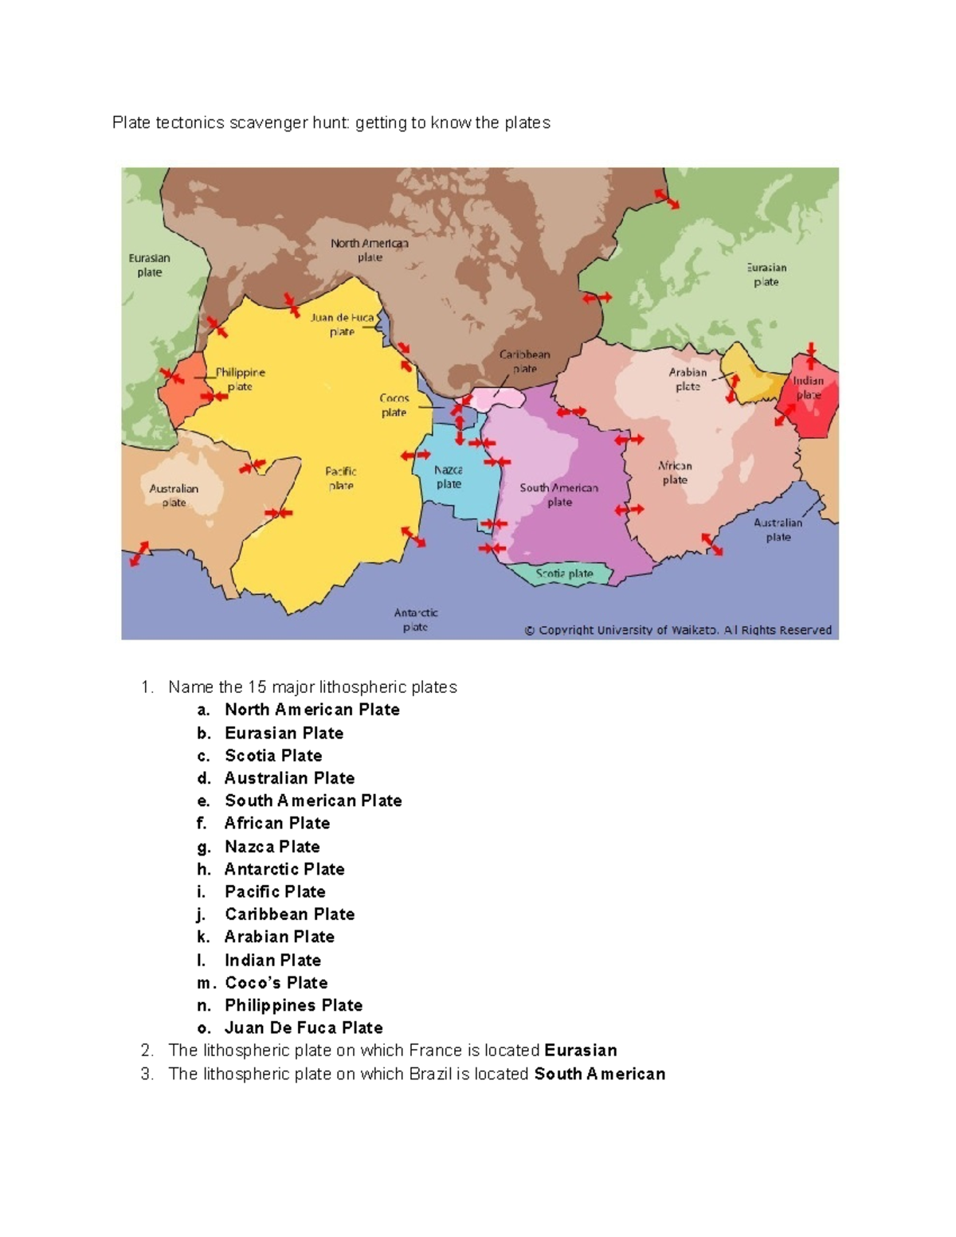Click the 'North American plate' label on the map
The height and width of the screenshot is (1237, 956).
coord(370,250)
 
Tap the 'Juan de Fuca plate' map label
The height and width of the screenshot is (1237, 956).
coord(343,324)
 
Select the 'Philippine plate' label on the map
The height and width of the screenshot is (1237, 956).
coord(240,379)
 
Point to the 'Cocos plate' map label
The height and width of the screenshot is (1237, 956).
coord(394,405)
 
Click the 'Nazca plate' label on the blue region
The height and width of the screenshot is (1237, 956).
coord(449,477)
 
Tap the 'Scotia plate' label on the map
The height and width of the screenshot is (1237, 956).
coord(564,573)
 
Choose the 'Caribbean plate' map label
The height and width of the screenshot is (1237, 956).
coord(524,362)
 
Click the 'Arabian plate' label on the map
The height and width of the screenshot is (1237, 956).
coord(688,379)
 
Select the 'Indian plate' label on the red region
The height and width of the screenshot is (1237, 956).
coord(808,388)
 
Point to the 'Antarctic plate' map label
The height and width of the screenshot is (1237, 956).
coord(415,620)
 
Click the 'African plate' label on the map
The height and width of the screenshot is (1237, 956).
coord(675,472)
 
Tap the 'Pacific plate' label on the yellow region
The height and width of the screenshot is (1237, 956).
coord(341,478)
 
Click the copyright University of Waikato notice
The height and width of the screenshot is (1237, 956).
coord(677,630)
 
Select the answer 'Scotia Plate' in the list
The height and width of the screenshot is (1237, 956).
coord(273,755)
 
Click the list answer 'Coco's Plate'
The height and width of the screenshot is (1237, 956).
coord(276,982)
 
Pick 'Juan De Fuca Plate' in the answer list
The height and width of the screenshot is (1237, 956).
coord(304,1028)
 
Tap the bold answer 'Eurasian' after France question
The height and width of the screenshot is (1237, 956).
coord(580,1050)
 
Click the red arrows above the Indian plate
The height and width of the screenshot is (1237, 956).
coord(811,354)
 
